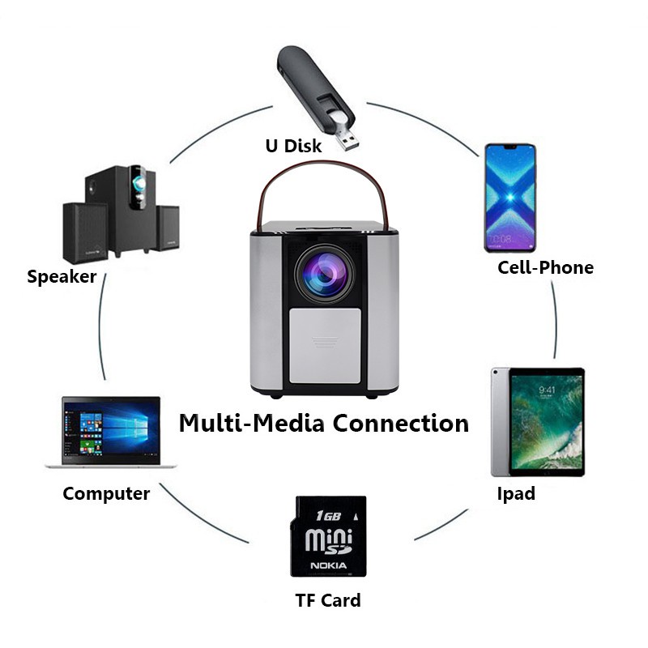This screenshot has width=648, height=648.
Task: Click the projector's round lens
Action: [x=322, y=273]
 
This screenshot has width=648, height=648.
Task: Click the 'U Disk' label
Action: [x=293, y=147]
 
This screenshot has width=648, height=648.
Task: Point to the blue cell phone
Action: [x=509, y=198]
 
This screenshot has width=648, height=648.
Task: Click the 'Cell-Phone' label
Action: [x=545, y=267]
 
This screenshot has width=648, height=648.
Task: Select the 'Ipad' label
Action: [x=515, y=493]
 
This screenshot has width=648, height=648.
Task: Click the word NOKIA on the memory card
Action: [x=328, y=565]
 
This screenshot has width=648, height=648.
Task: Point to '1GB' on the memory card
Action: [x=326, y=515]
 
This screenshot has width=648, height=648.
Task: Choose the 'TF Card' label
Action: [x=327, y=600]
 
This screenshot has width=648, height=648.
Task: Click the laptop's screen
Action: [x=111, y=429]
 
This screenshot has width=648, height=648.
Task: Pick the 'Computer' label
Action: [x=106, y=493]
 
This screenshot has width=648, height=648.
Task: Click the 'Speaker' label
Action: [x=62, y=277]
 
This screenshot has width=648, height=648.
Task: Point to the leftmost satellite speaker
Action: [x=84, y=232]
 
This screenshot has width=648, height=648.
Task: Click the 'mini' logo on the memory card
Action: [x=327, y=539]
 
